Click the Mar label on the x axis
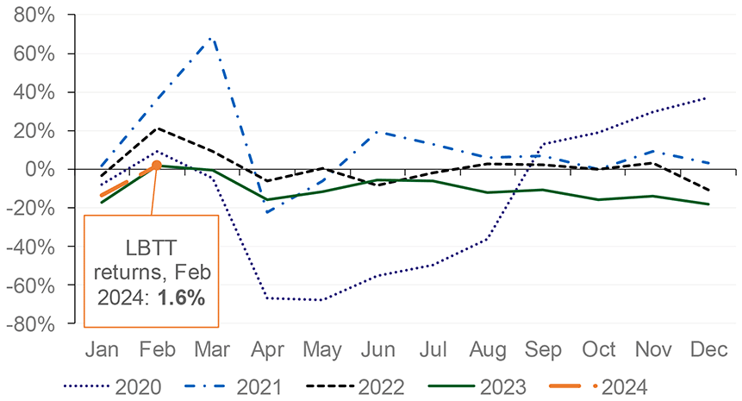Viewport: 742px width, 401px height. [x=212, y=350]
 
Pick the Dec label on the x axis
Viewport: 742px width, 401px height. [x=708, y=350]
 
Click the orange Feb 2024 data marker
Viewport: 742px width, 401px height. [x=156, y=165]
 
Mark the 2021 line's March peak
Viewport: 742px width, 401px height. [x=211, y=39]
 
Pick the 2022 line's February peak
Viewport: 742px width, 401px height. [x=156, y=128]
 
